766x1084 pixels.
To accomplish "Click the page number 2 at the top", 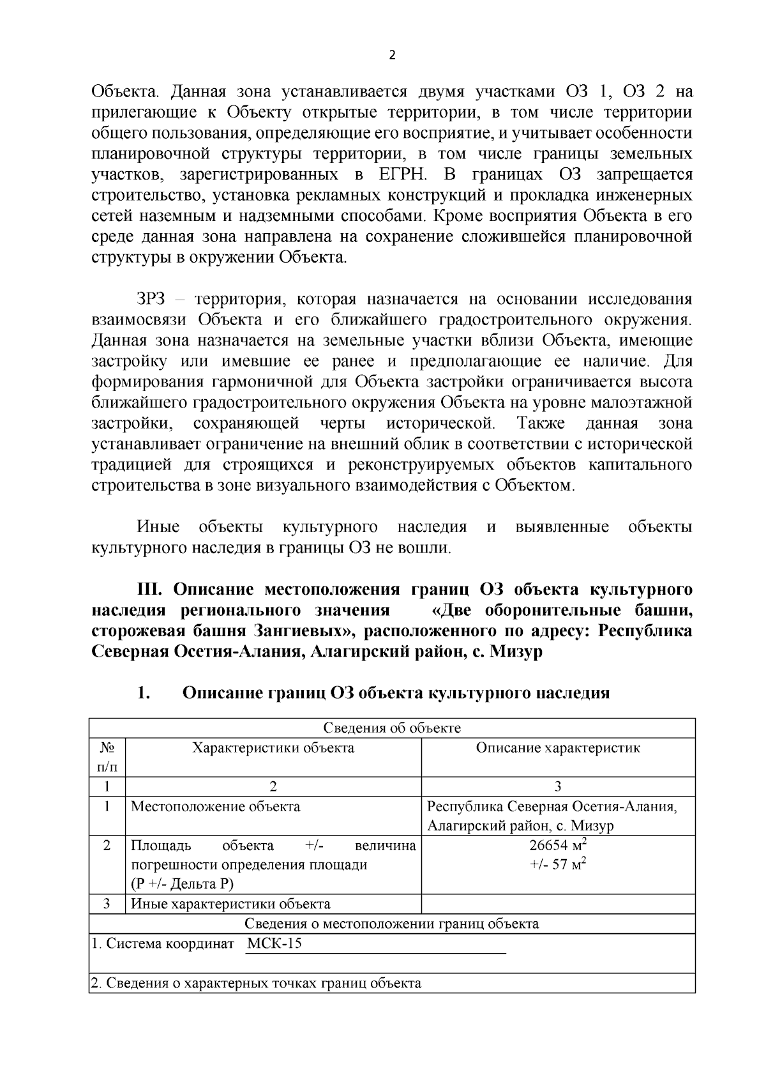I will [x=392, y=56].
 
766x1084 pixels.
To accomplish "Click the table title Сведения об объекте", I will [x=392, y=728].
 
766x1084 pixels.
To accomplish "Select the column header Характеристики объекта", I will [x=273, y=748].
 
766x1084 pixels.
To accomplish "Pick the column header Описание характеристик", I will [x=558, y=748].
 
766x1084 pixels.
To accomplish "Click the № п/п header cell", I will [x=107, y=757].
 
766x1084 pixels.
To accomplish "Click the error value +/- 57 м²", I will [x=558, y=866].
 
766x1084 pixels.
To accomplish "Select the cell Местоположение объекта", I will [x=216, y=806].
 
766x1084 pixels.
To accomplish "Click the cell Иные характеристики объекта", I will [x=231, y=904].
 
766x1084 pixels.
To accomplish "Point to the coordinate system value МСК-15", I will [x=274, y=943].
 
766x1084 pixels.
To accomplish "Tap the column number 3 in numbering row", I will [x=558, y=787].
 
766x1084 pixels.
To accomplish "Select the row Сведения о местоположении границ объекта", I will [x=392, y=924].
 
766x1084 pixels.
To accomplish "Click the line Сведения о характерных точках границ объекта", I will [x=255, y=983].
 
